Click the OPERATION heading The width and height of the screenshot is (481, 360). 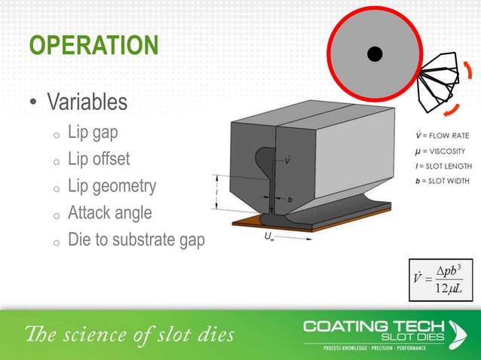coord(93,46)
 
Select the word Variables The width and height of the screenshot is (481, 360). coord(87,101)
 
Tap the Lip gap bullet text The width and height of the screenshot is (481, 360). coord(93,133)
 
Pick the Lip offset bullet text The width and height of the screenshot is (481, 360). coord(98,159)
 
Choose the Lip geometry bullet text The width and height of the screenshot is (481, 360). coord(112,185)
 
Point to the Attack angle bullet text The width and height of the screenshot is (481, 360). coord(109,213)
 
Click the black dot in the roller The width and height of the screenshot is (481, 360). coord(374,53)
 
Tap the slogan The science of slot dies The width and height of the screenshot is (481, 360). coord(130,334)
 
